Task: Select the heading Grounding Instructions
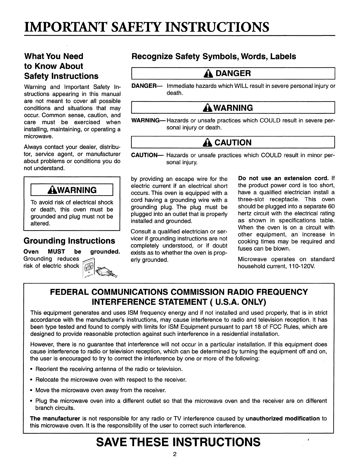[69, 241]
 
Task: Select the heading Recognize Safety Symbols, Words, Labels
[214, 56]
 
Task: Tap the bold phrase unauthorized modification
[282, 419]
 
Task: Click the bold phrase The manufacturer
[55, 419]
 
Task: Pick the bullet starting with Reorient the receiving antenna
[109, 369]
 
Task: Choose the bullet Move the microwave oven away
[101, 390]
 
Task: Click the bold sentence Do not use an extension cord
[283, 179]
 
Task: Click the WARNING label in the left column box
[72, 190]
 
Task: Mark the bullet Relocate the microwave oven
[111, 380]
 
